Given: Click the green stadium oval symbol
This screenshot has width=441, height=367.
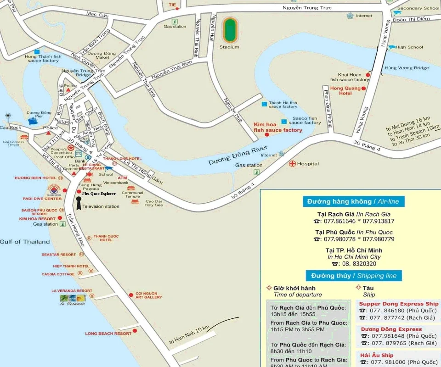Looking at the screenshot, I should pyautogui.click(x=229, y=29).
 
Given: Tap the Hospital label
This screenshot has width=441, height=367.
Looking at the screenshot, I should pyautogui.click(x=308, y=164).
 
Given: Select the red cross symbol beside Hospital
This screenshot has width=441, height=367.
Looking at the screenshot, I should pyautogui.click(x=292, y=163).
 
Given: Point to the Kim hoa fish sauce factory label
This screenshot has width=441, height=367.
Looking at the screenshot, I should pyautogui.click(x=278, y=127).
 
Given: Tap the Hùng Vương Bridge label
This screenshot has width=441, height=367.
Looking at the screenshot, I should pyautogui.click(x=407, y=68).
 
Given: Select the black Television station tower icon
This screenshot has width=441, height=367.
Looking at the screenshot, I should pyautogui.click(x=79, y=203).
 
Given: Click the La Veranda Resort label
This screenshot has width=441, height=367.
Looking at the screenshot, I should pyautogui.click(x=72, y=291).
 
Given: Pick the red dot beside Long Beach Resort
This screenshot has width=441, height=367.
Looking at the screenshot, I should pyautogui.click(x=135, y=330).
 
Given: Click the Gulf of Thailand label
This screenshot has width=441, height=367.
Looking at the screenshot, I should pyautogui.click(x=25, y=242).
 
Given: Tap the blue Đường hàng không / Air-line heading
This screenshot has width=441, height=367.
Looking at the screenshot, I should pyautogui.click(x=351, y=201).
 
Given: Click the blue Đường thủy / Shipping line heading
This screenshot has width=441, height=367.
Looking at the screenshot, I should pyautogui.click(x=354, y=276).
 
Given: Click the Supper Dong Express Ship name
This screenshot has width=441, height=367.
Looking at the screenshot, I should pyautogui.click(x=399, y=304).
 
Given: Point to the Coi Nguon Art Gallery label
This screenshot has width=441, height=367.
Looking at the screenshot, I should pyautogui.click(x=148, y=295).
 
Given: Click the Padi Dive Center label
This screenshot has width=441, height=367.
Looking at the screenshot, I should pyautogui.click(x=42, y=199).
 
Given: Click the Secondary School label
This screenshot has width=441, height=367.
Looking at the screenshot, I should pyautogui.click(x=418, y=8).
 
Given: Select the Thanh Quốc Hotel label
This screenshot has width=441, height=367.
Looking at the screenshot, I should pyautogui.click(x=106, y=238).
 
